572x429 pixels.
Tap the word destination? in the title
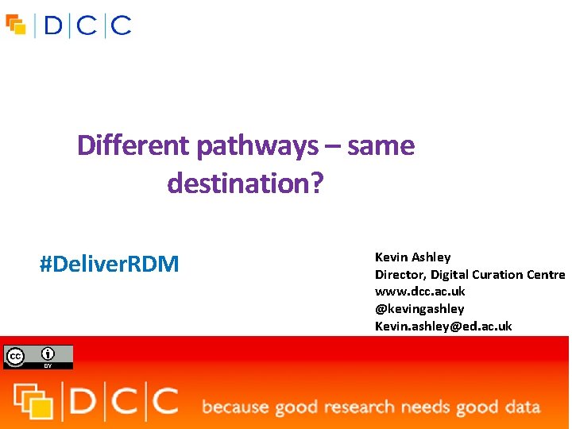pyautogui.click(x=245, y=184)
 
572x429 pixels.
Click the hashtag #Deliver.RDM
pyautogui.click(x=110, y=264)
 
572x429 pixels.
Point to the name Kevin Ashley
pyautogui.click(x=412, y=257)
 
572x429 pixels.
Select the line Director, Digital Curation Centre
pyautogui.click(x=470, y=274)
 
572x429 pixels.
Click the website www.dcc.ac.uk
pyautogui.click(x=419, y=292)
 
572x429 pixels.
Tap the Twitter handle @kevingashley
pyautogui.click(x=419, y=308)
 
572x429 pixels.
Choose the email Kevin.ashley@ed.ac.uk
pyautogui.click(x=443, y=326)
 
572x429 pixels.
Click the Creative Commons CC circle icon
pyautogui.click(x=15, y=356)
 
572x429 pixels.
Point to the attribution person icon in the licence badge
pyautogui.click(x=48, y=354)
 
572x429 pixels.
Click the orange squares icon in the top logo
pyautogui.click(x=16, y=25)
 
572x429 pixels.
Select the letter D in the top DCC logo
pyautogui.click(x=53, y=26)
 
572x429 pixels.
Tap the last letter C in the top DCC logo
pyautogui.click(x=121, y=26)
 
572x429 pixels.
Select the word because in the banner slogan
pyautogui.click(x=235, y=408)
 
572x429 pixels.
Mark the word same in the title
pyautogui.click(x=381, y=146)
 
